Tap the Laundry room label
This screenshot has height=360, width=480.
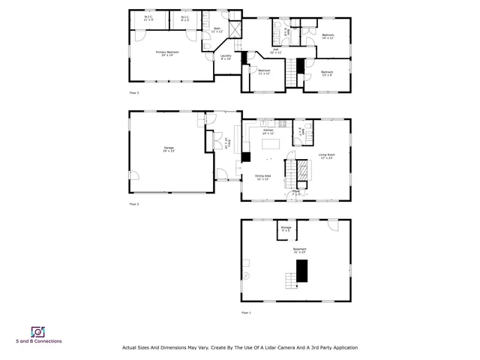tap(225, 56)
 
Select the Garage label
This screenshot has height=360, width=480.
tap(169, 149)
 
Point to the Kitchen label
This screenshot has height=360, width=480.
tap(268, 131)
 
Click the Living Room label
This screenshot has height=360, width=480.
tap(326, 157)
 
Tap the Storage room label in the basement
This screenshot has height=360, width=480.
tap(286, 228)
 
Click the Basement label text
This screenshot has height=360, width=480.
tap(299, 250)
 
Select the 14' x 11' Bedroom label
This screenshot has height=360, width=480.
tap(328, 36)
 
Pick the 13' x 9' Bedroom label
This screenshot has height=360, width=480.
tap(327, 73)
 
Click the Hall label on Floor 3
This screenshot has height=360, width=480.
tap(275, 51)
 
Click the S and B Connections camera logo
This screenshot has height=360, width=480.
tap(37, 331)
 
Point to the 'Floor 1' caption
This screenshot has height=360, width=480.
tap(246, 312)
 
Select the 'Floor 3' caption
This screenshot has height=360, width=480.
tap(134, 93)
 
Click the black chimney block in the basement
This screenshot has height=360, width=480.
tap(302, 271)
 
